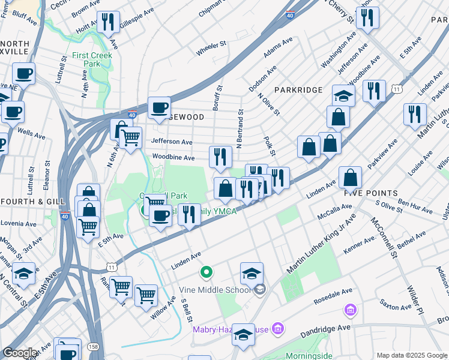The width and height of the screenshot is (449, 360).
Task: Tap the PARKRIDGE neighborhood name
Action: pos(298,89)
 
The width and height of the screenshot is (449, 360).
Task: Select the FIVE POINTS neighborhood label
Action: pos(370,193)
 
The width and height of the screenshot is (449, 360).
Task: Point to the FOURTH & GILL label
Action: pos(27,202)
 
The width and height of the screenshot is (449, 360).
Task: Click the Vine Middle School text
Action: pos(214,290)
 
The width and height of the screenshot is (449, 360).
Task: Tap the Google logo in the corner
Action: pos(20,353)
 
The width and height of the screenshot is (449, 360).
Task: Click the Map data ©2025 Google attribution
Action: pos(412,355)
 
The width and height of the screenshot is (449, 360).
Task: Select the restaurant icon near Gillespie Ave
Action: pos(108,22)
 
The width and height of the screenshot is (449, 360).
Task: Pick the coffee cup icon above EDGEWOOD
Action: pos(159,108)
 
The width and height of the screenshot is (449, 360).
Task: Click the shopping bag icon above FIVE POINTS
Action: pos(350,178)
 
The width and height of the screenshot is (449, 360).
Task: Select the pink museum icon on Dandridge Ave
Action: pos(350,310)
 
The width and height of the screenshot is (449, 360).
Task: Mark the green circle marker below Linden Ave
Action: pos(206,273)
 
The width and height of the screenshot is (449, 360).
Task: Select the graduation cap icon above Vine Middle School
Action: pos(252,273)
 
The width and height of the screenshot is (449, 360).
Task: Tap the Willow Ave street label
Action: pos(163,307)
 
